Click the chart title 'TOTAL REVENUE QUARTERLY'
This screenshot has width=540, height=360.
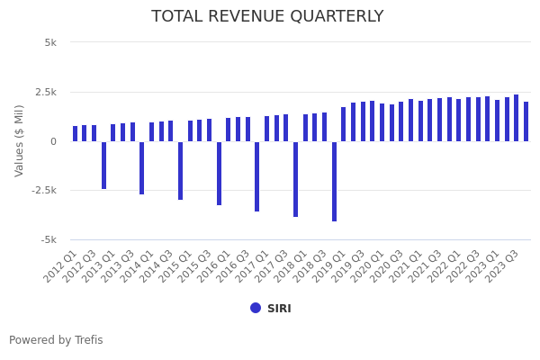[x=267, y=16]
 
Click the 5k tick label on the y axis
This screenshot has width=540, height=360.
[x=50, y=42]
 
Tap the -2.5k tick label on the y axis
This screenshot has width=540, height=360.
[x=43, y=190]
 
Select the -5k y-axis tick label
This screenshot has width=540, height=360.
[x=49, y=239]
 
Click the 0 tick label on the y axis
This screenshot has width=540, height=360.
[x=53, y=141]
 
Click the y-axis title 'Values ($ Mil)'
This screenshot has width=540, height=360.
[x=20, y=140]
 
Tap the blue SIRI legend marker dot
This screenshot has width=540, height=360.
[x=256, y=308]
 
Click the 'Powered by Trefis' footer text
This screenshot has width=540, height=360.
[x=56, y=340]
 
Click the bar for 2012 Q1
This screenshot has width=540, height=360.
[x=76, y=133]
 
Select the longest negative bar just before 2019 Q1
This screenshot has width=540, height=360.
[x=334, y=181]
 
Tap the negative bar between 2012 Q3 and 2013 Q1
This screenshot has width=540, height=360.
[x=103, y=165]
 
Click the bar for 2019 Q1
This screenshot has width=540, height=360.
[x=343, y=124]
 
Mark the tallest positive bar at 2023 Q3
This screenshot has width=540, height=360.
[x=516, y=118]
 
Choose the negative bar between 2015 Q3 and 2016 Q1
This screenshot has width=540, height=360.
[x=219, y=173]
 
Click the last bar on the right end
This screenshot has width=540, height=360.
[x=526, y=121]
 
